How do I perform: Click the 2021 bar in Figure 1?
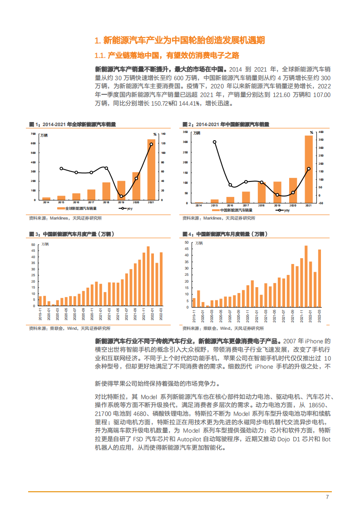coord(151,170)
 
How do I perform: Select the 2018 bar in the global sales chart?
coord(106,191)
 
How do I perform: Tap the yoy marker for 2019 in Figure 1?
coord(121,196)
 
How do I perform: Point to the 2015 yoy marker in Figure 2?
coord(214,142)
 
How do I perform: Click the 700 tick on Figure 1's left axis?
coord(33,134)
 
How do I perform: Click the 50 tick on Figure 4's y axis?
coord(186,243)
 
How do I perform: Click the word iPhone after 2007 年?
coord(314,341)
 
